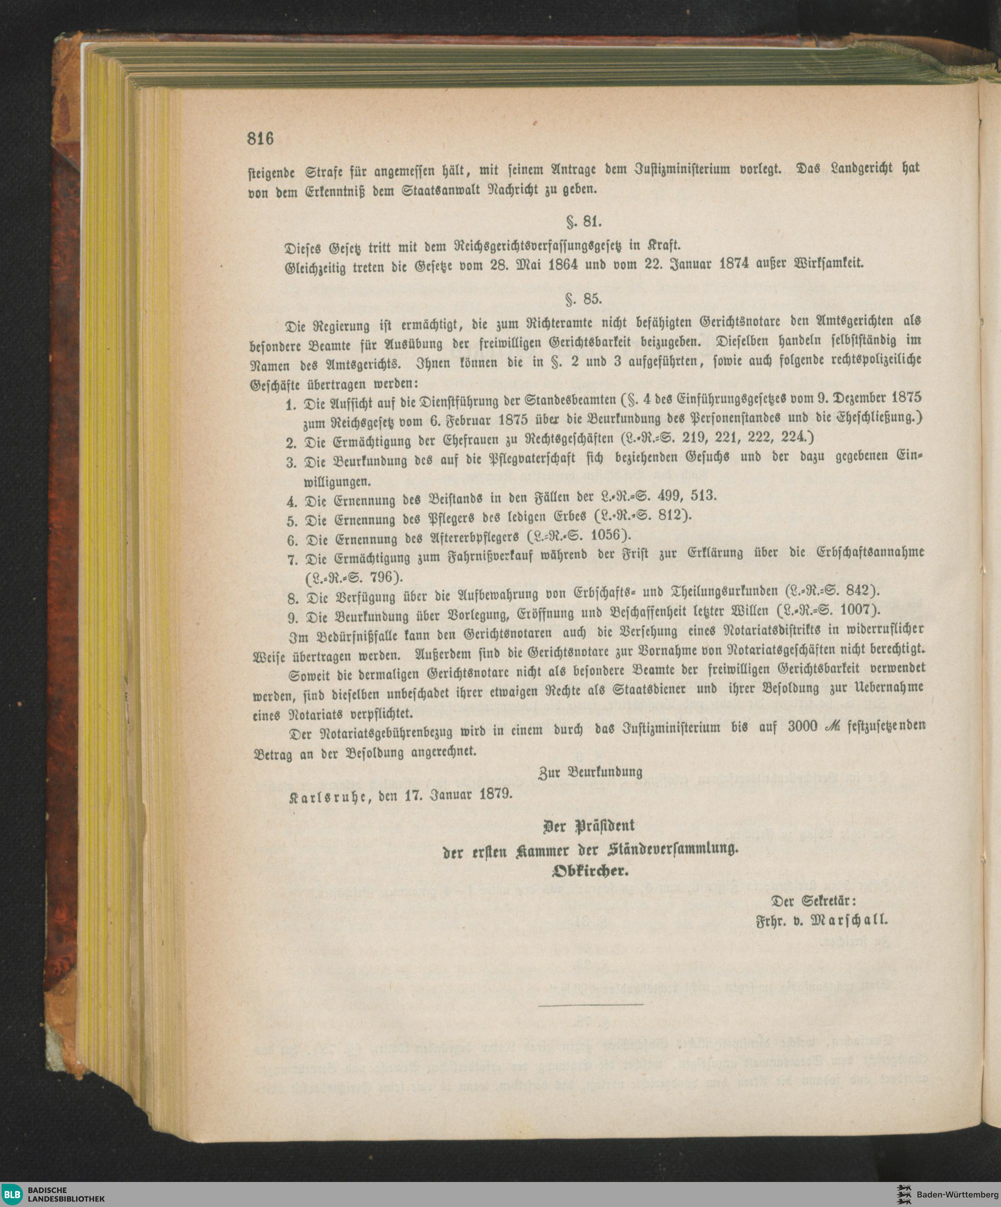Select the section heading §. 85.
point(584,299)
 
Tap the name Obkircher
point(590,871)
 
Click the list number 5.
point(291,521)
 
